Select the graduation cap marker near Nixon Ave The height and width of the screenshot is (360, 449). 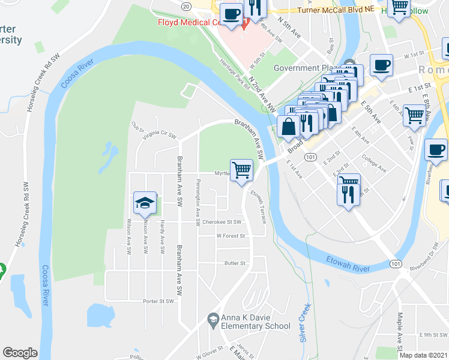pyautogui.click(x=145, y=204)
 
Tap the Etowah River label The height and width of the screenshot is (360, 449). pyautogui.click(x=347, y=262)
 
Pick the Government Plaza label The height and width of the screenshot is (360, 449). pyautogui.click(x=307, y=68)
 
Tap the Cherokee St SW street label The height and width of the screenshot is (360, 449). pyautogui.click(x=221, y=222)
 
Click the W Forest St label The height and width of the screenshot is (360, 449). pyautogui.click(x=231, y=236)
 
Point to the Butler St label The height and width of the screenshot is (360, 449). pyautogui.click(x=235, y=263)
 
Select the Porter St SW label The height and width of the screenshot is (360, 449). pyautogui.click(x=158, y=301)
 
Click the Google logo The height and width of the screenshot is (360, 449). pyautogui.click(x=20, y=353)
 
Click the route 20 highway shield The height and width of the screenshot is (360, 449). pyautogui.click(x=186, y=5)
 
